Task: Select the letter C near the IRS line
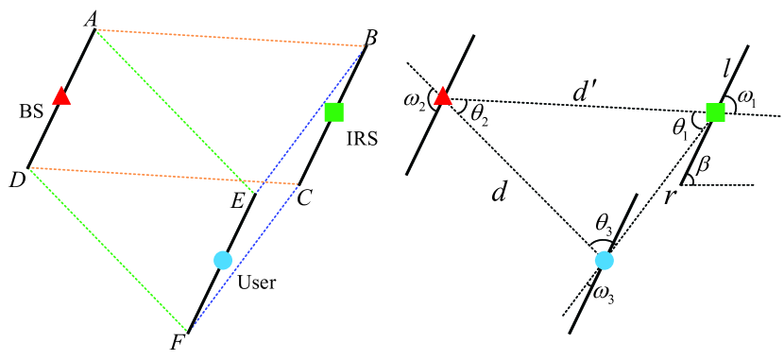303,199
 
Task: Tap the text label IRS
362,138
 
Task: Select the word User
257,281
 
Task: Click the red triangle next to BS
61,96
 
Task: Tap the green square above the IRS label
333,112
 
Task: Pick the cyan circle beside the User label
223,260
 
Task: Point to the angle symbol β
703,163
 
